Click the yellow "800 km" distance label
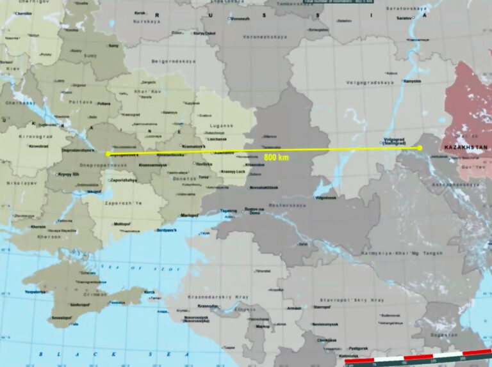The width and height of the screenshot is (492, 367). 275,157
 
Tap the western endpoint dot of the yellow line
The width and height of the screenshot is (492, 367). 108,153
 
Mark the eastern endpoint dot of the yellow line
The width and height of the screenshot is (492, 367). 420,148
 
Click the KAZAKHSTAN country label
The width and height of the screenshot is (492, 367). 465,148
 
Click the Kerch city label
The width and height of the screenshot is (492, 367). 149,293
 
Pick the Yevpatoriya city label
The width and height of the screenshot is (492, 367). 36,292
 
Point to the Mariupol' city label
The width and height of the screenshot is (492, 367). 189,215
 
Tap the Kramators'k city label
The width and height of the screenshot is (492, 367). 194,146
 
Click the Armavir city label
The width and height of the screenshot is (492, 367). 294,308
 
